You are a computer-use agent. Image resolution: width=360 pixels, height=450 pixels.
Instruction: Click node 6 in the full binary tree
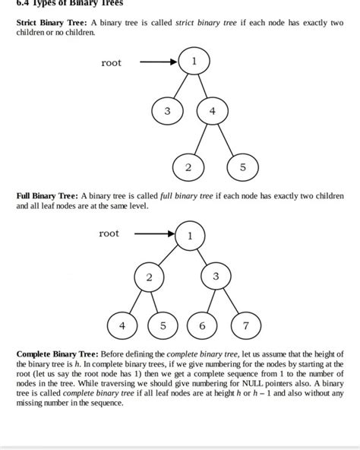click(202, 325)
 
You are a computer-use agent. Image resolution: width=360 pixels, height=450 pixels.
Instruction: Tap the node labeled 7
click(245, 325)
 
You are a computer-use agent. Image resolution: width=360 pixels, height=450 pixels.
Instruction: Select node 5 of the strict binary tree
click(243, 166)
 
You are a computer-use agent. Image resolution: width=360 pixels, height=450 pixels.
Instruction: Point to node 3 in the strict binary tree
click(167, 111)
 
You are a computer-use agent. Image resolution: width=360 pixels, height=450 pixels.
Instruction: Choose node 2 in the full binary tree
click(150, 277)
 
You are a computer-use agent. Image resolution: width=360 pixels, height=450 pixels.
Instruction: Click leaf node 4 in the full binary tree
click(122, 325)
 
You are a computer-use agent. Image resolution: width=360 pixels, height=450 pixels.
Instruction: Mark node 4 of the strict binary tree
click(213, 111)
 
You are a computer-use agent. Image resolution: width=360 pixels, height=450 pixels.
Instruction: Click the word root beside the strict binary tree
click(111, 63)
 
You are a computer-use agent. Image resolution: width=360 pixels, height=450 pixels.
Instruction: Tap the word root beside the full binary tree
click(109, 233)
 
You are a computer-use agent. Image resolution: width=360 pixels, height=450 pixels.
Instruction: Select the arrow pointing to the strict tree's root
click(159, 62)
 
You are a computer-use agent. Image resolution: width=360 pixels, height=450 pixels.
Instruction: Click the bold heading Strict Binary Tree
click(51, 23)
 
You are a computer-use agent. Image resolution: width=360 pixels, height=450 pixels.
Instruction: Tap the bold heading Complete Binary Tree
click(56, 354)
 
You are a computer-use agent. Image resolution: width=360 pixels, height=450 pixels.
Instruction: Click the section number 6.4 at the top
click(14, 3)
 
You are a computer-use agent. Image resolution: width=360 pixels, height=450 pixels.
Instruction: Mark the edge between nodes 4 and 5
click(228, 138)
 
